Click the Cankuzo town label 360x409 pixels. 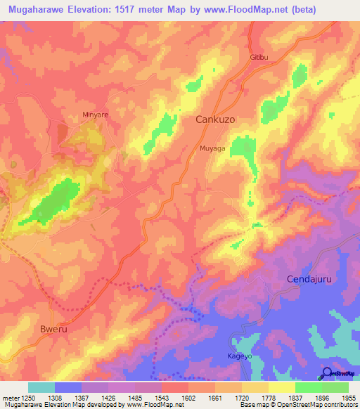(214, 120)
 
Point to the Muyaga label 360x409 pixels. (212, 148)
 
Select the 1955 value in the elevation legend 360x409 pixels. (348, 398)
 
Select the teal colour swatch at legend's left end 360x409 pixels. (41, 387)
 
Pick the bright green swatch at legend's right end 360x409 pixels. (335, 387)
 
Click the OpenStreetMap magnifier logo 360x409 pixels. (326, 372)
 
